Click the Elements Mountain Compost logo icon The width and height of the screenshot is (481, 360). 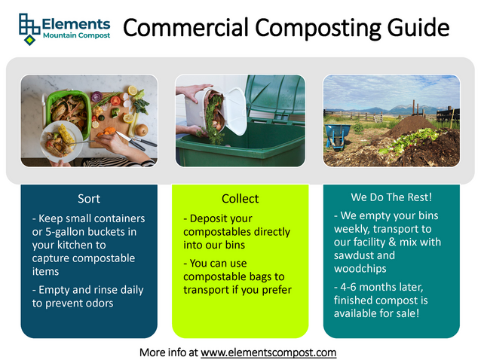(27, 28)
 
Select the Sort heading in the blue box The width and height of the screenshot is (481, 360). (89, 199)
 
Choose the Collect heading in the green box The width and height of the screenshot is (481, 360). (240, 199)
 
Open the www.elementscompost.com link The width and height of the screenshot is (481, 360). (268, 352)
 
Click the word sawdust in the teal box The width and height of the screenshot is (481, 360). (353, 255)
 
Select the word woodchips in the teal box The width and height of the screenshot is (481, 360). (359, 268)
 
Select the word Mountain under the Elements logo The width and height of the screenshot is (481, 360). (60, 36)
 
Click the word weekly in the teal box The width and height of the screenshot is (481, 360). (351, 229)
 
